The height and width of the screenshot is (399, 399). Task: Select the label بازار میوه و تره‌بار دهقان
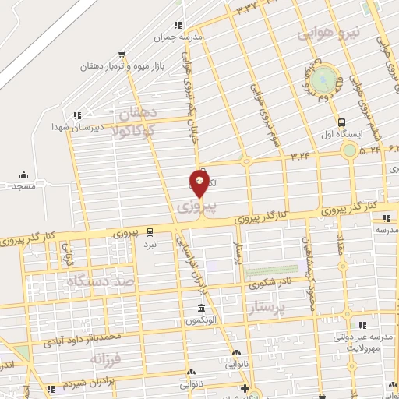(122, 66)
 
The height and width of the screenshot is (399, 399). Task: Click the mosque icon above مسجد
(23, 175)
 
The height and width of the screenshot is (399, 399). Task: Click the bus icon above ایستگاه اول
(342, 122)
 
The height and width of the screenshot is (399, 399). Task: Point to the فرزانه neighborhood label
(108, 359)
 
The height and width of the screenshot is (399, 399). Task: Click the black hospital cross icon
(245, 388)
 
